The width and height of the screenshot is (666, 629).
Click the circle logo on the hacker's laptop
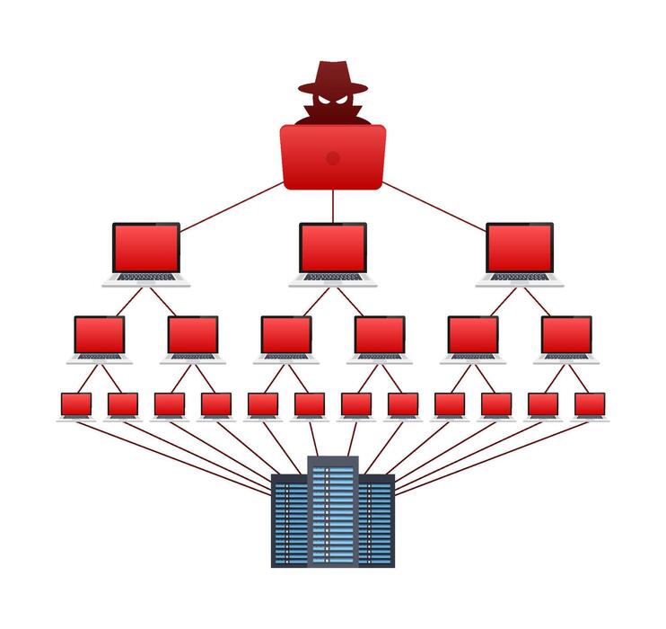tap(333, 158)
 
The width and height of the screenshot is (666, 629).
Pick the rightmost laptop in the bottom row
tap(590, 405)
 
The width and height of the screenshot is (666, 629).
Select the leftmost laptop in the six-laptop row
tap(99, 335)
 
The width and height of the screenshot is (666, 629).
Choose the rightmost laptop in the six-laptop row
tap(566, 335)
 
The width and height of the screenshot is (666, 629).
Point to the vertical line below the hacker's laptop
tap(333, 207)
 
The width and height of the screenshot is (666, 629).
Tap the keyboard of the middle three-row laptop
tap(333, 278)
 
